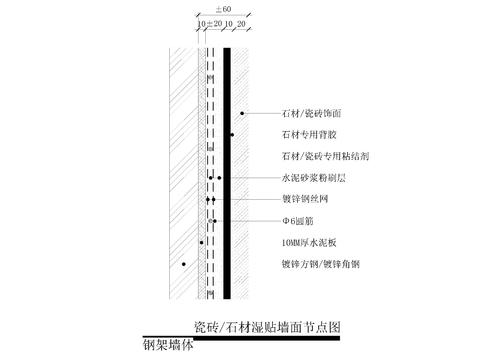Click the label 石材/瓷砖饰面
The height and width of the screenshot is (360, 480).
(313, 115)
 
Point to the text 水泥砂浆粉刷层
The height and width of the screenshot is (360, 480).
(312, 178)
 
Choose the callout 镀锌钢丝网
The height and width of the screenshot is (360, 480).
(306, 199)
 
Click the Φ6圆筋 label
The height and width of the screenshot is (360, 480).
(299, 221)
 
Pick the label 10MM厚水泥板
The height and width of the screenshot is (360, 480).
(310, 243)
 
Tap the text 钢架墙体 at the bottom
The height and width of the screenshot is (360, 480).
(168, 348)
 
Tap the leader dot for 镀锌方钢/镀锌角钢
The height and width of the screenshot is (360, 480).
(184, 264)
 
